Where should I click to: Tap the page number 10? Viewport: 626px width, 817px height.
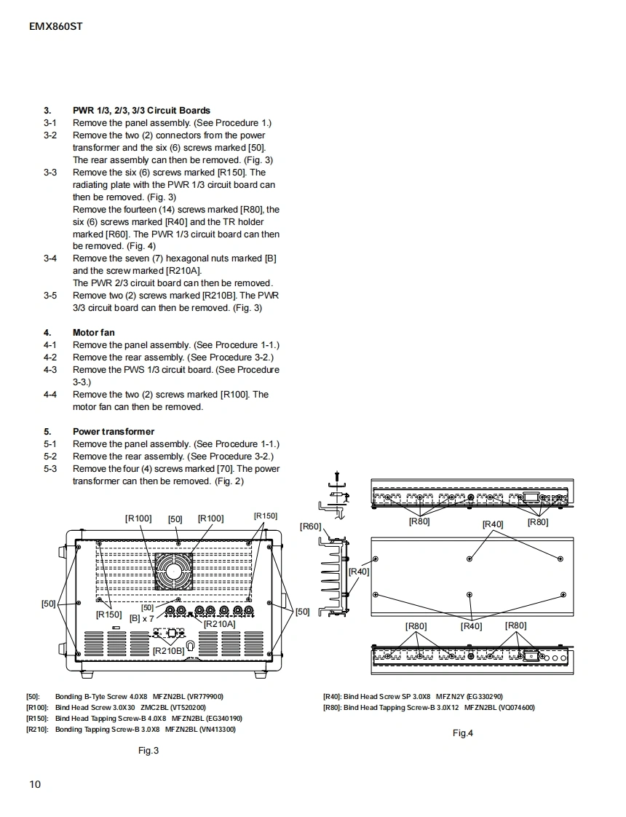(35, 784)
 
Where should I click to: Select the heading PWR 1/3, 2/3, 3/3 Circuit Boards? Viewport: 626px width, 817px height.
(141, 111)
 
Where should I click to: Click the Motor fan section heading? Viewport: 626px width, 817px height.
(93, 333)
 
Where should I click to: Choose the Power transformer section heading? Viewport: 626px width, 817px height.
(113, 432)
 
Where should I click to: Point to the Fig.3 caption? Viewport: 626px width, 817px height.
(148, 751)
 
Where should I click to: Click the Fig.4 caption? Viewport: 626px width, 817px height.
(463, 733)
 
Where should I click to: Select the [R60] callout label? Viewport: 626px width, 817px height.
(311, 526)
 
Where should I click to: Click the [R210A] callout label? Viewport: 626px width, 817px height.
(219, 624)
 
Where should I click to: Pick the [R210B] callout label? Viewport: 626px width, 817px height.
(168, 650)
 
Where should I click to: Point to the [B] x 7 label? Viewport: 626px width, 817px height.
(142, 619)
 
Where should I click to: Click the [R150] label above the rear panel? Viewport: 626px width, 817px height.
(266, 516)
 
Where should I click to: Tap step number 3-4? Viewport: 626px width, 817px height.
(49, 258)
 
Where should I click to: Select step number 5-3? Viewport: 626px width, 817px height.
(49, 469)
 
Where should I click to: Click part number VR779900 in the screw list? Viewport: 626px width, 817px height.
(205, 697)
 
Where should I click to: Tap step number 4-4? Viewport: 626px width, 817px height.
(49, 395)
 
